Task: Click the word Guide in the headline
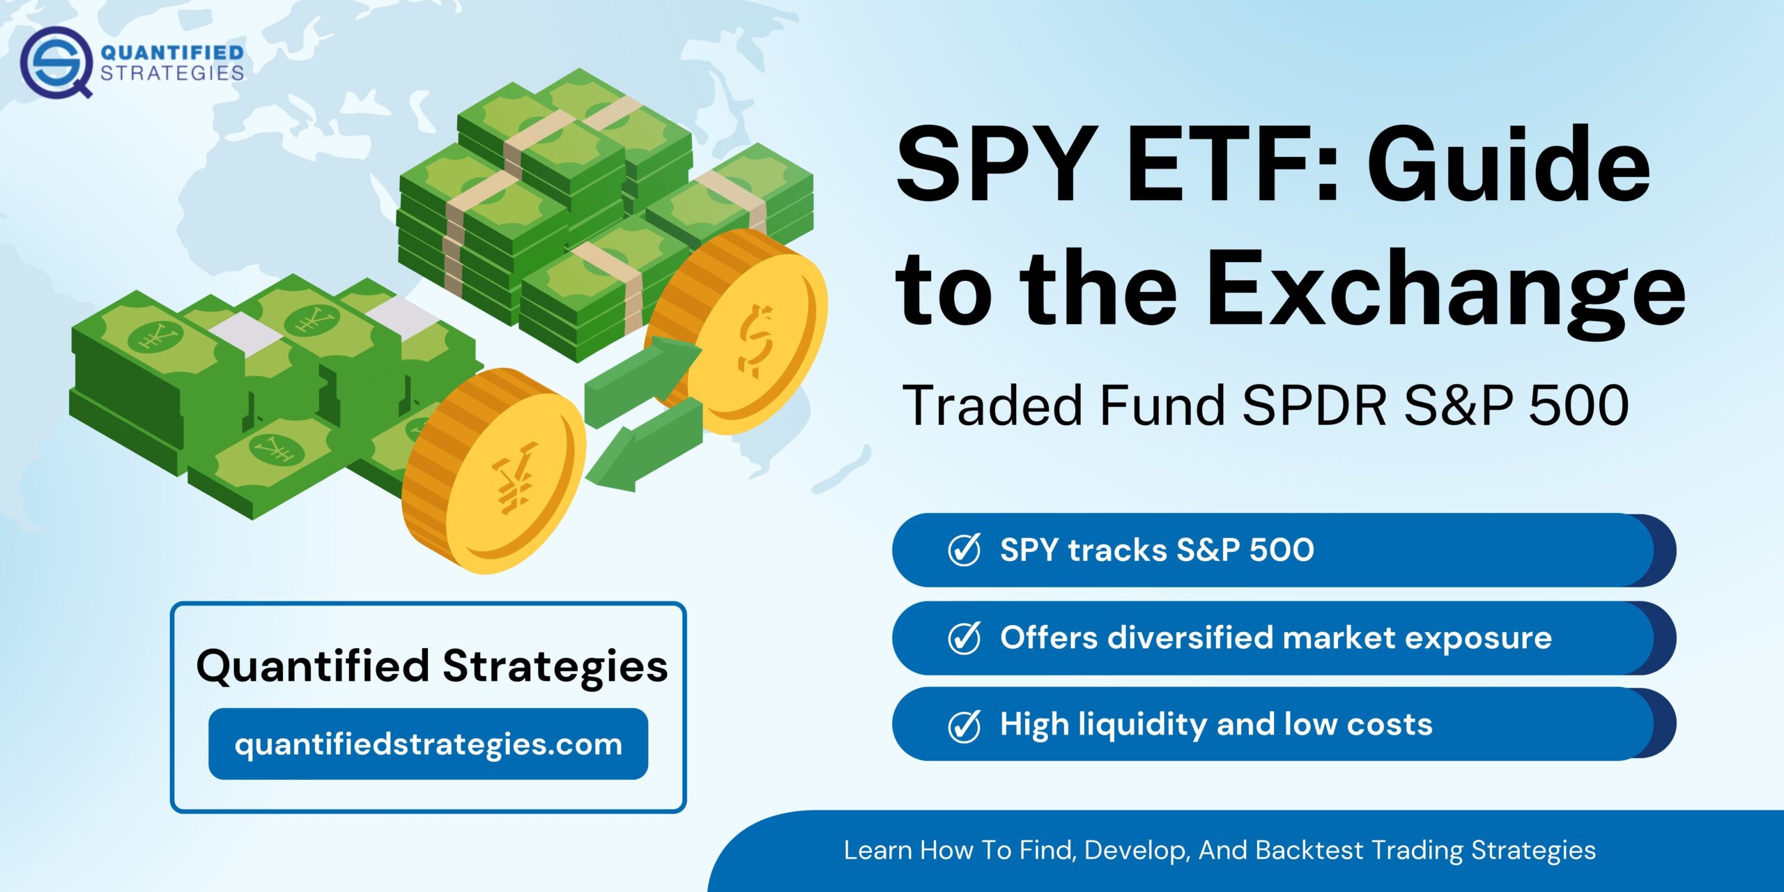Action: click(1509, 167)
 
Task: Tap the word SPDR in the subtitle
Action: click(1314, 406)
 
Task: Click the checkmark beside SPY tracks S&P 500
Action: click(964, 550)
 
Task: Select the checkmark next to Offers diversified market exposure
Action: click(964, 638)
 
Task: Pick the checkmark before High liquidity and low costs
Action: click(964, 725)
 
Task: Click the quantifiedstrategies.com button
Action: click(428, 744)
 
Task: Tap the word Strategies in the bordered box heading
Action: click(555, 666)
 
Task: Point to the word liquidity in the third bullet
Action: click(1143, 725)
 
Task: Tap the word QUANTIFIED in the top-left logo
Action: click(172, 52)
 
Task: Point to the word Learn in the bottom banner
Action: click(877, 850)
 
